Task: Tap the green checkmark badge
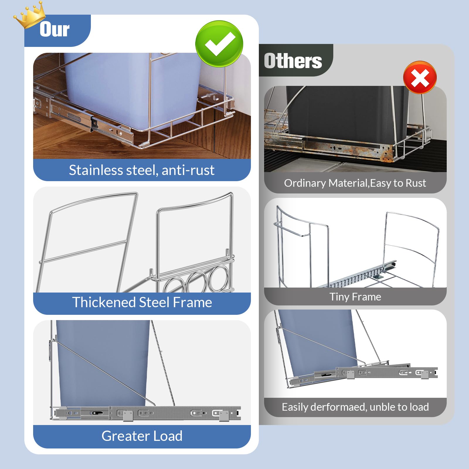point(219,44)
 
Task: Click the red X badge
point(420,78)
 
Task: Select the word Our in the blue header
point(55,30)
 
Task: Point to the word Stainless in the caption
point(96,170)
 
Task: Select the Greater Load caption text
point(142,436)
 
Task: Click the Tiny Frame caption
point(355,297)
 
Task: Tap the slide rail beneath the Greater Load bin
point(147,413)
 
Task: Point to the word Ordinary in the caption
point(305,183)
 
